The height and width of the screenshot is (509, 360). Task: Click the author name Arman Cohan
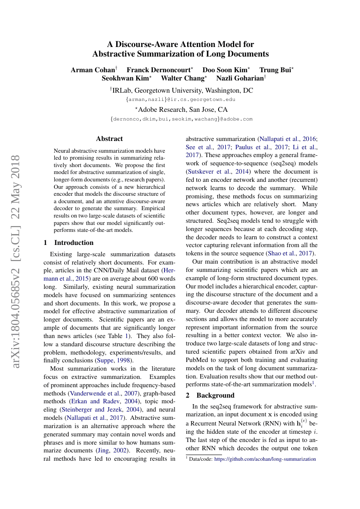pyautogui.click(x=93, y=70)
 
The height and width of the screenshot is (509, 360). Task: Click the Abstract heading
pyautogui.click(x=109, y=139)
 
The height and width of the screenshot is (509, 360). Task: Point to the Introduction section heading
pyautogui.click(x=74, y=242)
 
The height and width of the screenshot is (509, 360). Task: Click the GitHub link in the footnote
pyautogui.click(x=265, y=459)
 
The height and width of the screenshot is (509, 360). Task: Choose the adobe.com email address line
pyautogui.click(x=182, y=119)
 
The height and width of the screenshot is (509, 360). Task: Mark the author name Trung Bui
pyautogui.click(x=276, y=70)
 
